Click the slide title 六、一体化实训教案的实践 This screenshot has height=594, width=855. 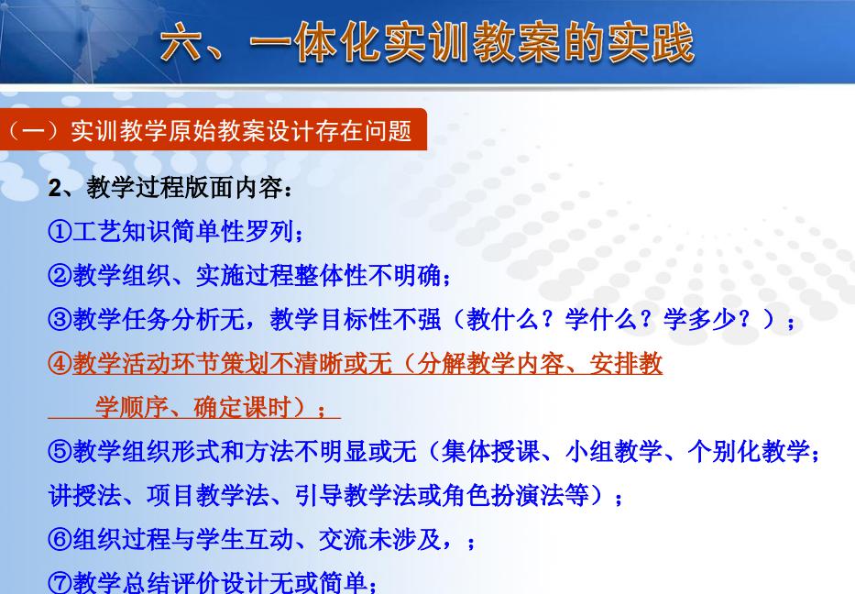427,42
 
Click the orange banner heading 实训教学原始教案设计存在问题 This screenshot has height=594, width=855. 241,131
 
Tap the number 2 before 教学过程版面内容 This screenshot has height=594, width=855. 55,188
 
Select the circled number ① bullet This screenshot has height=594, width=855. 60,231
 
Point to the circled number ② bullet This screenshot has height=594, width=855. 60,275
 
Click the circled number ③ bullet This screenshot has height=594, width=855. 60,319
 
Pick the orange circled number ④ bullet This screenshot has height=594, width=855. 60,363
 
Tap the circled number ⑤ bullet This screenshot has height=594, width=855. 60,452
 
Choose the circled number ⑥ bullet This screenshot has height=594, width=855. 60,539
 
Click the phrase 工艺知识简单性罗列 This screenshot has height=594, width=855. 183,231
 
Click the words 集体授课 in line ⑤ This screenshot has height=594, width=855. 491,452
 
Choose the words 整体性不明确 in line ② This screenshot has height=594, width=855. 367,275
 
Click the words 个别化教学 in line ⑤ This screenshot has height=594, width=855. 750,452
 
